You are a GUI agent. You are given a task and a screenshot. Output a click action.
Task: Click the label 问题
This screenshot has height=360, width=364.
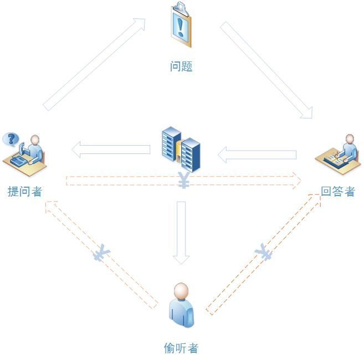[181, 66]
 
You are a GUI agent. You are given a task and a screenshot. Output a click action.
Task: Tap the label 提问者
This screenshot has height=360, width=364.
[25, 192]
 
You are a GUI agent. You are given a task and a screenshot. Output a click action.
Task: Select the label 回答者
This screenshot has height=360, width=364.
[337, 192]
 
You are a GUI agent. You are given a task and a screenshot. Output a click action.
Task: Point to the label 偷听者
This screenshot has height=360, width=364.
[181, 348]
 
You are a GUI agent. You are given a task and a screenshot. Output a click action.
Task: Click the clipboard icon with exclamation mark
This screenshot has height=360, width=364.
[181, 25]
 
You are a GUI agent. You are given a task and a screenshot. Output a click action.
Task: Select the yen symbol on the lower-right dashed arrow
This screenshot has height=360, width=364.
[264, 254]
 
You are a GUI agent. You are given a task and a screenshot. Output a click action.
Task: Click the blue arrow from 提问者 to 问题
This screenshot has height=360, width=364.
[94, 64]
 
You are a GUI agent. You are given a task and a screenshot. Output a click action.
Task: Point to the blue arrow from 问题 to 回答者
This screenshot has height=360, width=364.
[266, 70]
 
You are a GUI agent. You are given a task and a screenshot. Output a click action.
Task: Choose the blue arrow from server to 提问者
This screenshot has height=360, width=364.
[111, 149]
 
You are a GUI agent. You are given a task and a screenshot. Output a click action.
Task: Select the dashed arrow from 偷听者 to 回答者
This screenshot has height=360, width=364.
[264, 255]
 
